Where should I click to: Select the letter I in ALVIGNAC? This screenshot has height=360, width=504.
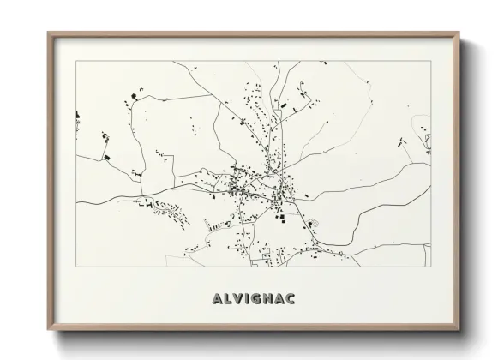point(246,299)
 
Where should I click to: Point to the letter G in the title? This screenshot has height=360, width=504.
point(255,299)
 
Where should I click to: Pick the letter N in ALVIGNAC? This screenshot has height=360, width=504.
point(268,299)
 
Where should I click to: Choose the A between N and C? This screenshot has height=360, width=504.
point(280,299)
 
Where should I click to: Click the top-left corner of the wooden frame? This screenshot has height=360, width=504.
point(48,33)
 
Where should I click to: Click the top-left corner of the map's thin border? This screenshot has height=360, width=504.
point(76,62)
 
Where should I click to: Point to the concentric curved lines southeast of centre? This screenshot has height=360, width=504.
point(314,225)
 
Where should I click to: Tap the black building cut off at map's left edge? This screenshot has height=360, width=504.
point(78,113)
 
